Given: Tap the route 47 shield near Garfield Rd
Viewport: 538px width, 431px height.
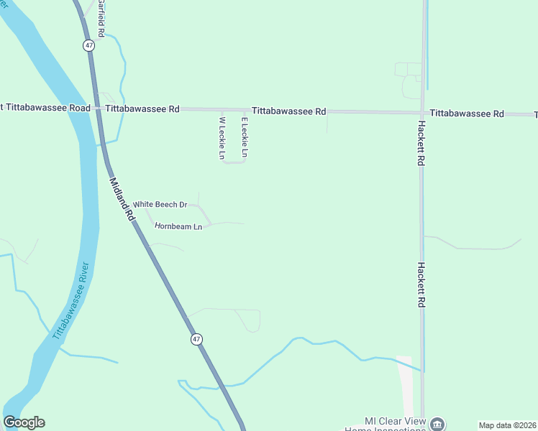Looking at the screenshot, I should pos(88,45).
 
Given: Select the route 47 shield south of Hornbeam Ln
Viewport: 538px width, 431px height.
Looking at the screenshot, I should pos(196,339).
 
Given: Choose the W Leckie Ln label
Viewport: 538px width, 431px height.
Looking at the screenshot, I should pos(222,138).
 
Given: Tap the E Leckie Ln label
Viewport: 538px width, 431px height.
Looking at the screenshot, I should pos(245,137).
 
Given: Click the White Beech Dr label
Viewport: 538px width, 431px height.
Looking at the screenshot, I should pos(160,205).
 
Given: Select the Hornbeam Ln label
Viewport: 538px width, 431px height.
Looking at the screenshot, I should pos(178,226).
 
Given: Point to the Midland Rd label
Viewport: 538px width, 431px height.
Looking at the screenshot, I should pos(122,199).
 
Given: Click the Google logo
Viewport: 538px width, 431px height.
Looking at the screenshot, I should pos(24,422).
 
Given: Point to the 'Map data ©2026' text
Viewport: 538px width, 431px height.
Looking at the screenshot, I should pos(507,425).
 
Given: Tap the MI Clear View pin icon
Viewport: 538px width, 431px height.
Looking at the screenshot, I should pos(437,424).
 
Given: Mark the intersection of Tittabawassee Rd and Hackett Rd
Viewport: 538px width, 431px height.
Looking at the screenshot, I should pos(422,113).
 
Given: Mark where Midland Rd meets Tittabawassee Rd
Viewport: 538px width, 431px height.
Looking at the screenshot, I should pos(99,109).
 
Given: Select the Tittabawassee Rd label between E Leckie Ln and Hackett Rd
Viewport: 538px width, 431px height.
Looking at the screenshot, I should pos(288,111).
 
